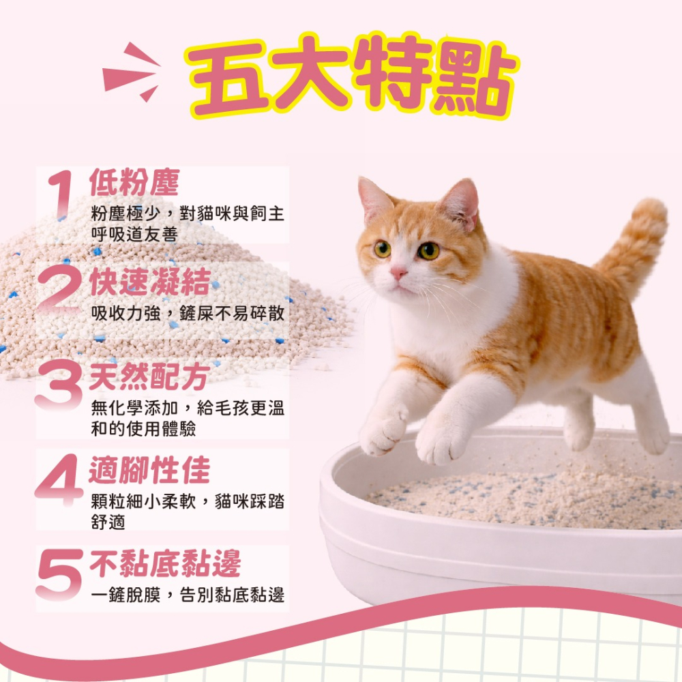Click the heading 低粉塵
134,183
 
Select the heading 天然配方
149,377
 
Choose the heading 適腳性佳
149,471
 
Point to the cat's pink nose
398,272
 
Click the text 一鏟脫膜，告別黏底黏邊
188,595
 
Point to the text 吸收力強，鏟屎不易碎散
188,313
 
